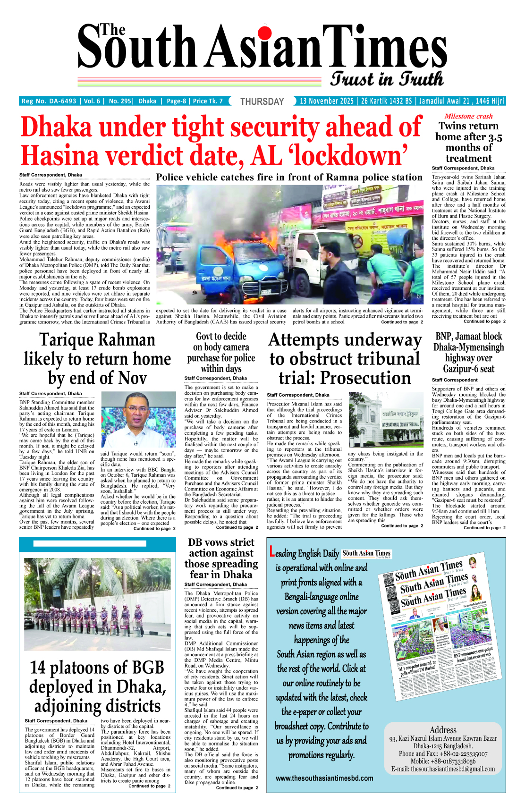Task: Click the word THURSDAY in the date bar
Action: click(x=262, y=101)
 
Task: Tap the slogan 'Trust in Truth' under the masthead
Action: click(x=387, y=79)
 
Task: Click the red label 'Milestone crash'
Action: click(x=468, y=116)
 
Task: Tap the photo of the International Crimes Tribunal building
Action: click(x=386, y=420)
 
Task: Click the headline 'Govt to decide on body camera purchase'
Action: click(x=221, y=352)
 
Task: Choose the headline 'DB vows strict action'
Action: click(x=221, y=558)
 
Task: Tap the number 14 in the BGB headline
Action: click(x=38, y=668)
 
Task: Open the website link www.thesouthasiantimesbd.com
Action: click(x=324, y=778)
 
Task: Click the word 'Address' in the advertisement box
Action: click(x=443, y=730)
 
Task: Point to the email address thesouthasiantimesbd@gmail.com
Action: click(x=453, y=769)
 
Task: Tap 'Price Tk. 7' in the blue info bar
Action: click(x=208, y=101)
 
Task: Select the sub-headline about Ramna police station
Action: click(x=289, y=178)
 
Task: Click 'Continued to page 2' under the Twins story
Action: click(x=484, y=321)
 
